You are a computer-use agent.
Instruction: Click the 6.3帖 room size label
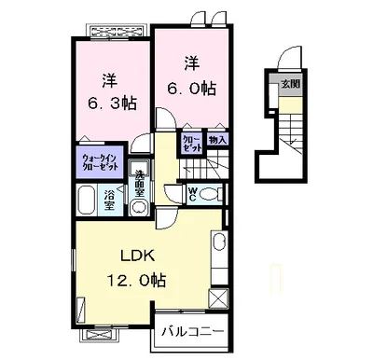click(x=112, y=104)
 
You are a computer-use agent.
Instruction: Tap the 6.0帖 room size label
click(x=192, y=89)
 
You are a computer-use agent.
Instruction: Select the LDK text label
click(x=137, y=256)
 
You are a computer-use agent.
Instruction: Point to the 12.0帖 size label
click(x=136, y=281)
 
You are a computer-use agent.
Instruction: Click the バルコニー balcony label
click(x=193, y=332)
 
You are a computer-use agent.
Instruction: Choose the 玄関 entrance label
click(x=291, y=84)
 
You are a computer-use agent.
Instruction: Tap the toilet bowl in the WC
click(x=209, y=195)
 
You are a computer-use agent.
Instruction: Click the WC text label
click(x=192, y=195)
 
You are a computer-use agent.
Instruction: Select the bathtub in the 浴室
click(x=86, y=200)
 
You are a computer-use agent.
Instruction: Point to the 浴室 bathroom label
click(x=109, y=201)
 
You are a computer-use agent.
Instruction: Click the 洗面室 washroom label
click(x=140, y=184)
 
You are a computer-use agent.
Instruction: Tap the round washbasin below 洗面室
click(x=139, y=207)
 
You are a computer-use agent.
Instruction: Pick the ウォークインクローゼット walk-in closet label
click(x=101, y=161)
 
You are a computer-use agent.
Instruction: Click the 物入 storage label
click(x=218, y=140)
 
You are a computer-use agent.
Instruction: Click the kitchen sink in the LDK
click(x=220, y=242)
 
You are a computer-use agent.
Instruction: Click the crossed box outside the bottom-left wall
click(x=99, y=336)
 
